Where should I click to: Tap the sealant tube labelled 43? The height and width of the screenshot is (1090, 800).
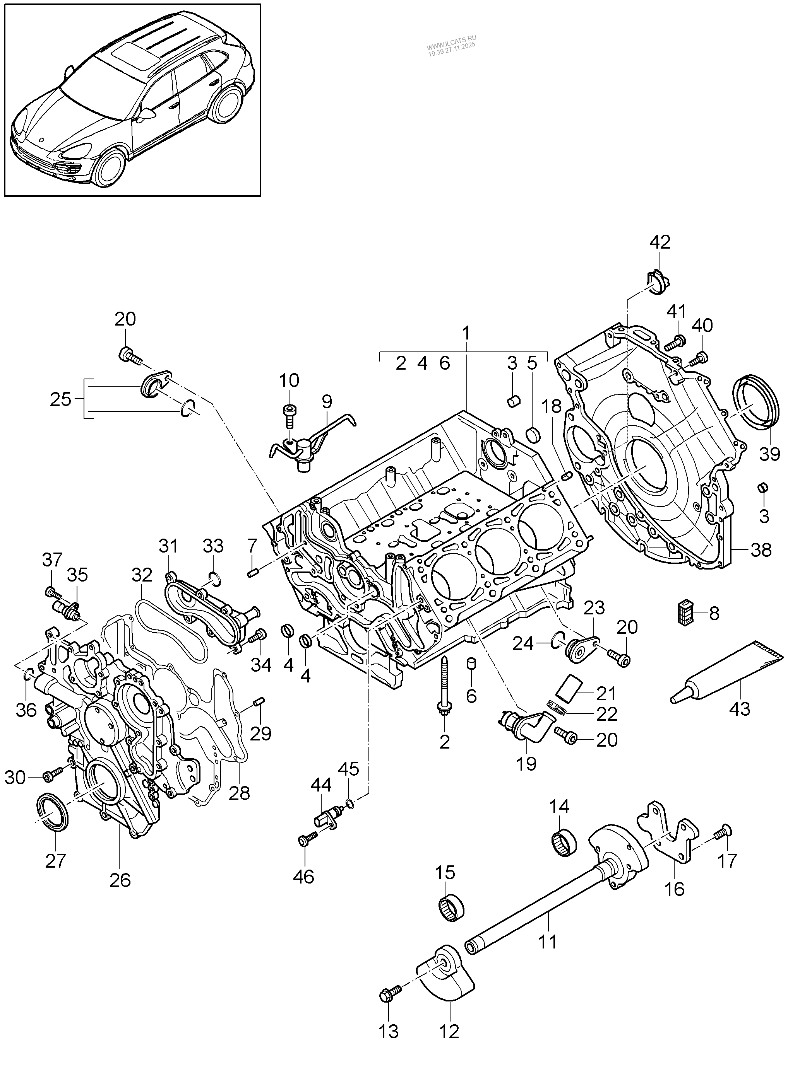(726, 674)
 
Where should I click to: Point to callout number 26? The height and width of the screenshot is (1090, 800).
(120, 880)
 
